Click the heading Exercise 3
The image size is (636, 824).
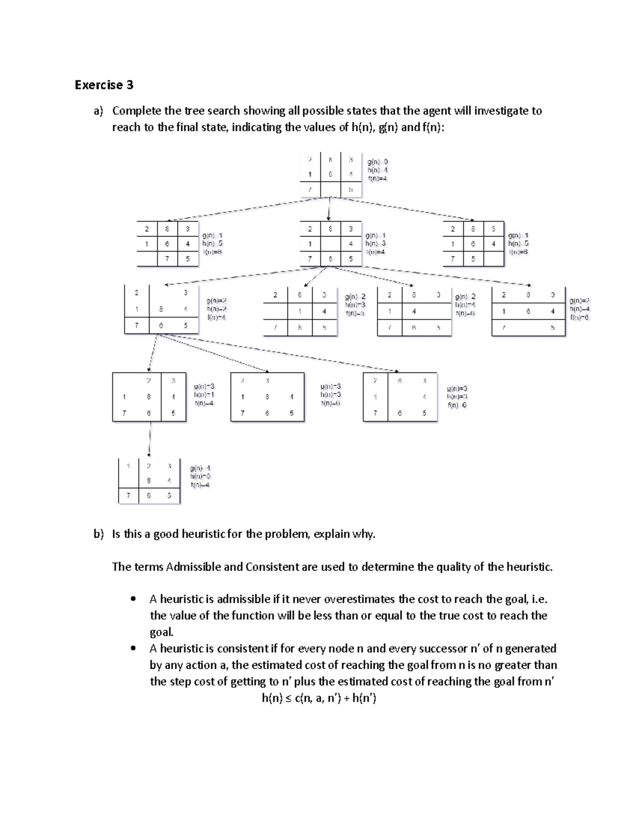click(104, 85)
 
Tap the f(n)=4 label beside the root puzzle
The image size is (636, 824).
click(378, 179)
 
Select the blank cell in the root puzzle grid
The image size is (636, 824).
click(330, 189)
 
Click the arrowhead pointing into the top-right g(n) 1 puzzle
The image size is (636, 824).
click(472, 219)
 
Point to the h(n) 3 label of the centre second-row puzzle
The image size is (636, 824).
click(375, 244)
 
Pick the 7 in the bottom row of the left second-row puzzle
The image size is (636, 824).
click(167, 259)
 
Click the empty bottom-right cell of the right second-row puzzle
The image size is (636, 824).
click(493, 259)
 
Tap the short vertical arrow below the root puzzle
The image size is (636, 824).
click(330, 209)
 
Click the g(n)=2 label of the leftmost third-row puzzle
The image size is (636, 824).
click(216, 301)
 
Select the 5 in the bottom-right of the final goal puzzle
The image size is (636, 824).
click(169, 496)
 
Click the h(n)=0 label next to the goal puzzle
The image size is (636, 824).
click(200, 476)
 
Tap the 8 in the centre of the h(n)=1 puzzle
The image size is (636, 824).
click(149, 397)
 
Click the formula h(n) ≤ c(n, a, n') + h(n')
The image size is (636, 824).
click(319, 698)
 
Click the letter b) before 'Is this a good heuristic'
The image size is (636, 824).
click(99, 534)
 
